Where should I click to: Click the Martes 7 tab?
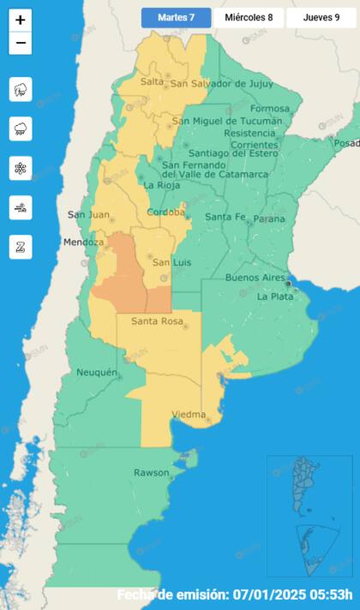point(176,17)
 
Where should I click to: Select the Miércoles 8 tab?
point(248,17)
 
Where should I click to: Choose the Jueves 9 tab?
point(321,17)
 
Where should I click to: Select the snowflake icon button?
point(21,168)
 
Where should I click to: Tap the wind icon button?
point(21,207)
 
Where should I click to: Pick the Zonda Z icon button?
point(21,247)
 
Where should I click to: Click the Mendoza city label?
point(83,242)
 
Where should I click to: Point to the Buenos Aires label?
point(255,278)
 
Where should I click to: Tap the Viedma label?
point(189,415)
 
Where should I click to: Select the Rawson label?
point(151,473)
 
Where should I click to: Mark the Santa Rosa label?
point(159,321)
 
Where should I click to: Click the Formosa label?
point(271,109)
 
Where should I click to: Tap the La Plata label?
point(275,296)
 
